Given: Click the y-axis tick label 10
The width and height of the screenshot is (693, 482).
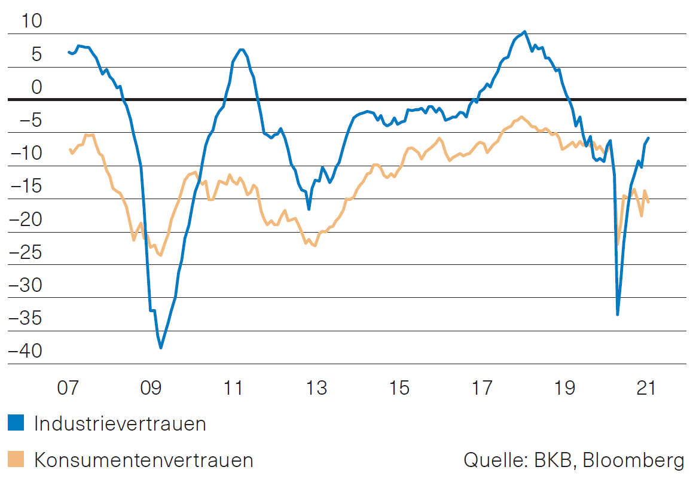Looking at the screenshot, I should coord(32,22).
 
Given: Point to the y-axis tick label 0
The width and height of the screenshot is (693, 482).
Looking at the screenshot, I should coord(38,88).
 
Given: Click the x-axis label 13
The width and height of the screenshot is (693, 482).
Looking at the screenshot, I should coord(316,388).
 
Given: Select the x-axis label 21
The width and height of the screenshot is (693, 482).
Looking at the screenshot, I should coord(646,388).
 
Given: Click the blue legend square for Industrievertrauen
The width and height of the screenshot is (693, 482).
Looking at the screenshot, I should coord(16,423).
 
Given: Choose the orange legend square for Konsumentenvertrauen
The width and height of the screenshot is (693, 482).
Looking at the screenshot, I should coord(16,459).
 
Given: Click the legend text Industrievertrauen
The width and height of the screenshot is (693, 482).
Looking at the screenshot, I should coord(120,424).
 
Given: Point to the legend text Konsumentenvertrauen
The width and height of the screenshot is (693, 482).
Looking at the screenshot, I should coord(144,460).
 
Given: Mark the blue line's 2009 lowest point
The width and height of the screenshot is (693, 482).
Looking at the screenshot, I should coord(161,347).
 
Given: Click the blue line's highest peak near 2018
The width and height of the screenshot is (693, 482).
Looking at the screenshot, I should coord(524,32).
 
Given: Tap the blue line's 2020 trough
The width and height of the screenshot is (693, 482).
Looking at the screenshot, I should coord(618,315).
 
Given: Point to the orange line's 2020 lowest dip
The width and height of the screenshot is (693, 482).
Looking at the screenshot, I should coord(618,243).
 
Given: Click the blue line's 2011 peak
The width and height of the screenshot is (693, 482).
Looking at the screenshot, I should coord(240,50).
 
